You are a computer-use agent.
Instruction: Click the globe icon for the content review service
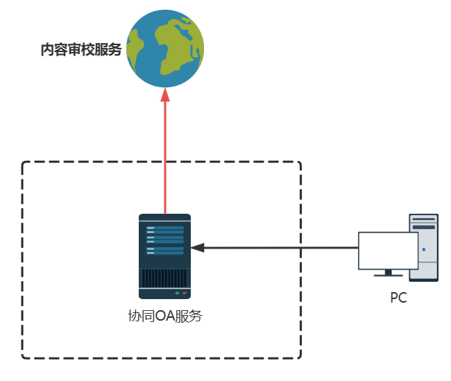click(x=165, y=49)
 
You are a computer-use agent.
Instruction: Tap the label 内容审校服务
click(x=81, y=50)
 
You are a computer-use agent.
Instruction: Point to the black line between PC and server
click(x=278, y=247)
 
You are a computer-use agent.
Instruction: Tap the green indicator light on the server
click(x=177, y=293)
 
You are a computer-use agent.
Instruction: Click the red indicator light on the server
click(x=185, y=293)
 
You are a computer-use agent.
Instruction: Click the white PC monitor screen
click(x=388, y=251)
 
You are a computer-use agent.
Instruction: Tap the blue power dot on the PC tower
click(x=423, y=248)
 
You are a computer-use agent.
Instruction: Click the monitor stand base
click(x=388, y=275)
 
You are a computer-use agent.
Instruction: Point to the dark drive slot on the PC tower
click(x=424, y=227)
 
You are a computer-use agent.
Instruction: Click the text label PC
click(x=398, y=298)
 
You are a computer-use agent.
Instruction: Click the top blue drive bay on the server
click(x=165, y=228)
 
